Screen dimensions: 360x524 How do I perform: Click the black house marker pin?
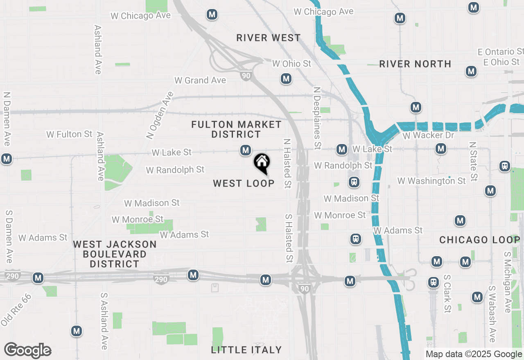(x=262, y=163)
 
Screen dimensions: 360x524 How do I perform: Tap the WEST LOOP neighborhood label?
(x=244, y=183)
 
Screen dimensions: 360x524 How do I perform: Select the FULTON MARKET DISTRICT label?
(x=237, y=129)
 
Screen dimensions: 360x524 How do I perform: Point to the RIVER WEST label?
(x=269, y=38)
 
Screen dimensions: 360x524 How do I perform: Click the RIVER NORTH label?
(x=415, y=64)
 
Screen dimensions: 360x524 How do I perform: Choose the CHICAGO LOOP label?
(x=480, y=240)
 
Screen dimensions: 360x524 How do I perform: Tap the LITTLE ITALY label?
(x=246, y=350)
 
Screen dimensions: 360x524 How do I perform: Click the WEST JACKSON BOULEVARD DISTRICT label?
(x=115, y=254)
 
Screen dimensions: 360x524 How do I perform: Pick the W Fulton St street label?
(x=69, y=134)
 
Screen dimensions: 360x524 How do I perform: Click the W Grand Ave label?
(x=200, y=80)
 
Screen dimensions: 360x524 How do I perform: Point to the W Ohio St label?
(x=292, y=63)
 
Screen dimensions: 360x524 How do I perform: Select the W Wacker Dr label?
(x=429, y=135)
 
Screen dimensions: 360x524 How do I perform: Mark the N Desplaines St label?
(x=316, y=118)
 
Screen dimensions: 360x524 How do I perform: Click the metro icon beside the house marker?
(x=246, y=150)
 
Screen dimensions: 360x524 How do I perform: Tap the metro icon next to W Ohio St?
(x=286, y=79)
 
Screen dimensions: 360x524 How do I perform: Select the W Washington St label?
(x=431, y=180)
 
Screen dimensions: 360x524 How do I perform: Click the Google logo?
(x=27, y=350)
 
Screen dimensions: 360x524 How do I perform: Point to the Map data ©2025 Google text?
(x=474, y=354)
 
